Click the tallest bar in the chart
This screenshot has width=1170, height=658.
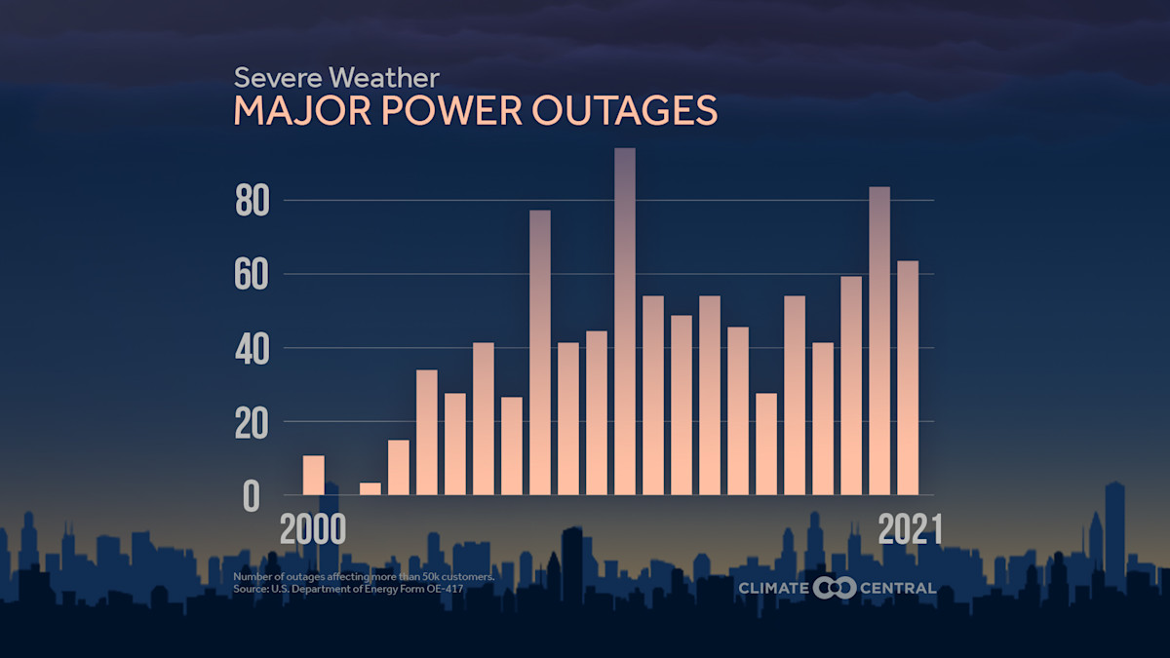625,322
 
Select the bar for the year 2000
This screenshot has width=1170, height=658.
313,475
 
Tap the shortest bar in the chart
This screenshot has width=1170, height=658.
370,488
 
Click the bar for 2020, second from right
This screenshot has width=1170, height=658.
879,340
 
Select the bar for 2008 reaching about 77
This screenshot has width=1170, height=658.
540,352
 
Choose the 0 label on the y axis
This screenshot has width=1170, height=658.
252,496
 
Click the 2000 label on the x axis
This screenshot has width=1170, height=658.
313,529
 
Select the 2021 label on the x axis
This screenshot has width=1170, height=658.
910,529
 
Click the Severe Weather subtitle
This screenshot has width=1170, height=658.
336,77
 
